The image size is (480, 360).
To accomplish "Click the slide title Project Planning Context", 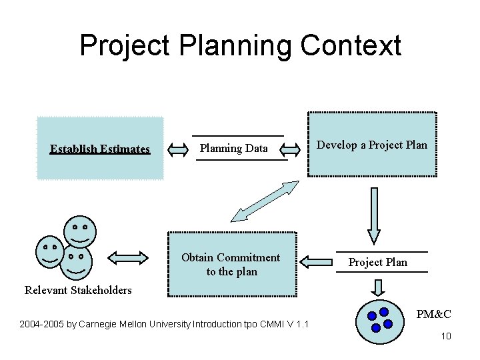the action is point(240,46).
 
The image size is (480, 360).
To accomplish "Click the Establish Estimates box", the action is point(100,149).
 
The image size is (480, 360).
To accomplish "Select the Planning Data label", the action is point(233,148).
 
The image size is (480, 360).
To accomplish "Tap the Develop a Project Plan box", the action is point(371,145).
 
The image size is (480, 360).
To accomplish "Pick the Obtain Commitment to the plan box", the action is point(231,264).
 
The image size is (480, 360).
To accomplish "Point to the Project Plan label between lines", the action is point(377,262).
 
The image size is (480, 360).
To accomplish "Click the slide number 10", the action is point(446,336).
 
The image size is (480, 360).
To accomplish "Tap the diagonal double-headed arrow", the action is point(264,201).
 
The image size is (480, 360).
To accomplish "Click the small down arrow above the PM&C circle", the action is point(377,287).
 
